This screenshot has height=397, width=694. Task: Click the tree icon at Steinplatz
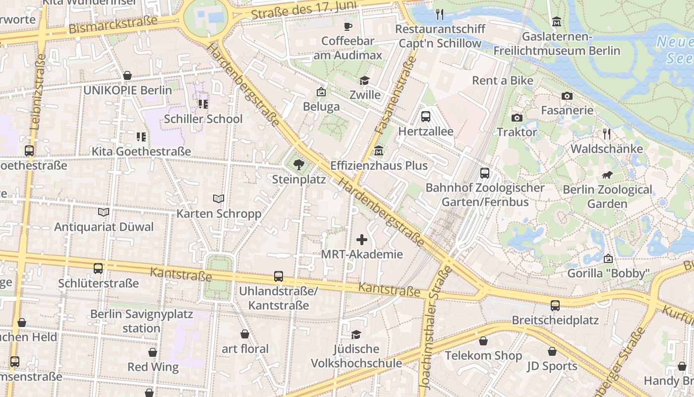click(x=298, y=164)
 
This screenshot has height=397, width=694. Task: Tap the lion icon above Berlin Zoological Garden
click(x=607, y=175)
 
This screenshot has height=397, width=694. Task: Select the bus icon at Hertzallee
click(x=425, y=117)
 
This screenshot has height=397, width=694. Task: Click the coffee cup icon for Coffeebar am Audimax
click(x=347, y=26)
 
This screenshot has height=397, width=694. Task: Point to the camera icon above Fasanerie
click(x=567, y=96)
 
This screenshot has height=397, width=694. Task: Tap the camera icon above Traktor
click(x=517, y=118)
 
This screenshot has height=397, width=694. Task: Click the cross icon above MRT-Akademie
click(x=362, y=240)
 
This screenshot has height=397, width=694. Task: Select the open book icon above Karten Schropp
click(x=219, y=198)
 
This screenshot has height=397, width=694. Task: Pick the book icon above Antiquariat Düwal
click(x=104, y=212)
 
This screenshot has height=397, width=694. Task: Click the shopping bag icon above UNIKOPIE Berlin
click(x=127, y=76)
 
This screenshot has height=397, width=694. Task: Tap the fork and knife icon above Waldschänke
click(x=606, y=134)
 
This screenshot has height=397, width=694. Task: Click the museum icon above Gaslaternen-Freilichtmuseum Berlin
click(x=557, y=22)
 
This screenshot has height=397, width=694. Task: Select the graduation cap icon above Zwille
click(x=365, y=80)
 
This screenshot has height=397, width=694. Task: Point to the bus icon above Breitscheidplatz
click(x=555, y=306)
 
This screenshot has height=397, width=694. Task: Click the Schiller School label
click(x=203, y=119)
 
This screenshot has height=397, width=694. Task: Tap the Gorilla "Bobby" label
click(x=608, y=273)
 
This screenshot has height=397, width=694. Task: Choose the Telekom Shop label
click(x=483, y=356)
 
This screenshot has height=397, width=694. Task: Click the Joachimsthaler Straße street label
click(x=430, y=328)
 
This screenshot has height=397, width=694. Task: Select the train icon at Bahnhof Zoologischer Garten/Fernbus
click(x=485, y=173)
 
